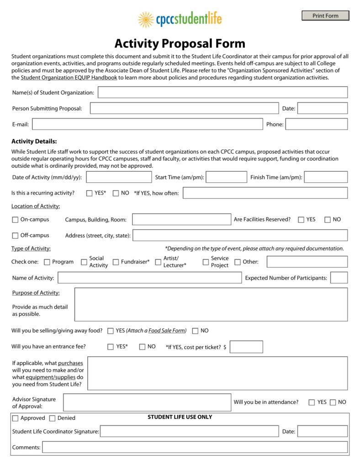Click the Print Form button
point(325,16)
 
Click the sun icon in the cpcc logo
point(146,20)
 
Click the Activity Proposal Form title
point(180,43)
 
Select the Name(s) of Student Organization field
point(222,92)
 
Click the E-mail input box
point(147,124)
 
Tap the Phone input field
point(316,124)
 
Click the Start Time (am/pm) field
point(226,177)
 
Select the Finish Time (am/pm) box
point(325,177)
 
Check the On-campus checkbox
point(16,220)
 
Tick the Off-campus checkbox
point(16,236)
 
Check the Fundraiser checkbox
point(116,262)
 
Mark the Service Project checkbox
point(206,262)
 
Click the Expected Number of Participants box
point(339,278)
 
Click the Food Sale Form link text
point(167,331)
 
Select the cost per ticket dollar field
point(246,347)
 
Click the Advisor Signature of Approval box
point(147,402)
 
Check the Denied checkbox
point(52,418)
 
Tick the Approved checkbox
point(16,418)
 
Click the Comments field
point(195,447)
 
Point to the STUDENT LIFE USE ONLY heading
point(180,417)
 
